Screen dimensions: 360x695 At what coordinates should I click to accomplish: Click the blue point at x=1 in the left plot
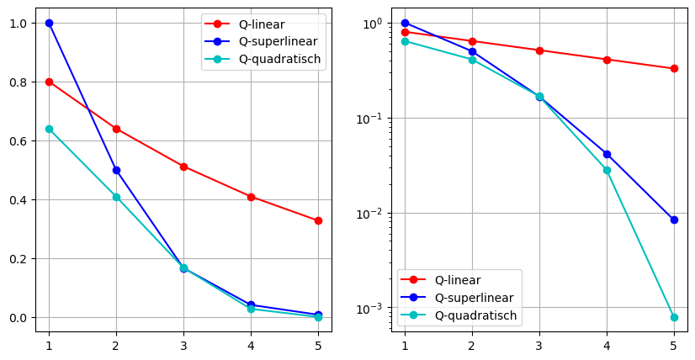pos(49,23)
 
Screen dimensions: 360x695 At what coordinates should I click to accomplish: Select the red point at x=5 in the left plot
pos(318,220)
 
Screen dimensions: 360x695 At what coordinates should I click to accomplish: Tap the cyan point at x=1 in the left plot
pos(49,129)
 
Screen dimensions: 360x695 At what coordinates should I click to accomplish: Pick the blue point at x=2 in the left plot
pos(116,170)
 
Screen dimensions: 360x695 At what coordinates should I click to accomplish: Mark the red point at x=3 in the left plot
pos(183,167)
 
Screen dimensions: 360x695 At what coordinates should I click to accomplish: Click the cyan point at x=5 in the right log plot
pos(674,317)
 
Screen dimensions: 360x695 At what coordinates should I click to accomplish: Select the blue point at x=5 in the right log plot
pos(674,220)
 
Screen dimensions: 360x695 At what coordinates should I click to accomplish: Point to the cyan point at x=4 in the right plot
pos(607,170)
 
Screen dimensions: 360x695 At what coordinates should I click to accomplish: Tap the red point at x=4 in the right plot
pos(607,60)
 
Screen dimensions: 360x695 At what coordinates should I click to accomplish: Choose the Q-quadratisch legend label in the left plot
pos(282,60)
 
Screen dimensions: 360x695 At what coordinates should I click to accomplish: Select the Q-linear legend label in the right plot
pos(459,280)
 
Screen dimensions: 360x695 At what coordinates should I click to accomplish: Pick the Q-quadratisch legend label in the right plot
pos(476,315)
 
